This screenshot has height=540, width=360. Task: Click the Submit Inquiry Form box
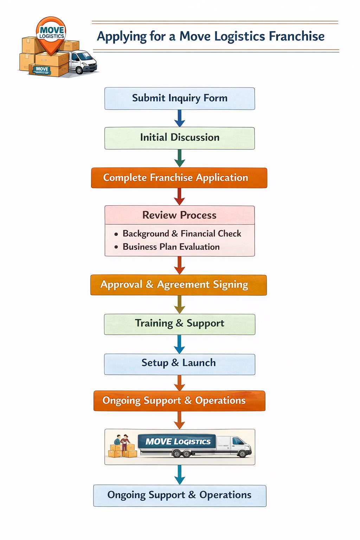click(x=180, y=98)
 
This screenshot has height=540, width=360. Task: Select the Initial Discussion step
click(x=180, y=138)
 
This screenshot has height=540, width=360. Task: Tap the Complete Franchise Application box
click(x=179, y=178)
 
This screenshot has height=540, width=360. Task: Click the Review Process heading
click(x=179, y=215)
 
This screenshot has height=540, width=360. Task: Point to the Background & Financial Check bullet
click(x=181, y=234)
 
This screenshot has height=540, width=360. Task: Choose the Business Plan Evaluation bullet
click(x=171, y=247)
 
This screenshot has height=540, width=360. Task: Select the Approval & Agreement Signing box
click(x=179, y=285)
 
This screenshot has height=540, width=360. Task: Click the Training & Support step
click(x=180, y=324)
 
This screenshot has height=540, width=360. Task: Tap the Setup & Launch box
click(x=179, y=364)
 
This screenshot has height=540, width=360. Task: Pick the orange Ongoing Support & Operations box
click(x=179, y=401)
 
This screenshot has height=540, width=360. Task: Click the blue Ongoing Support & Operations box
click(x=180, y=495)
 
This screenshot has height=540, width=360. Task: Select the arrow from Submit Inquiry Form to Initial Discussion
click(x=180, y=118)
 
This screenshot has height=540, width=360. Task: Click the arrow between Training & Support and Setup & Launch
click(x=179, y=344)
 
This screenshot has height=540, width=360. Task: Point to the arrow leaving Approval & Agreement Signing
click(x=180, y=304)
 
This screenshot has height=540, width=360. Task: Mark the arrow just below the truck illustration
click(x=180, y=475)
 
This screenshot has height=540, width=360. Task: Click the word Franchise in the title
click(x=296, y=36)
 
